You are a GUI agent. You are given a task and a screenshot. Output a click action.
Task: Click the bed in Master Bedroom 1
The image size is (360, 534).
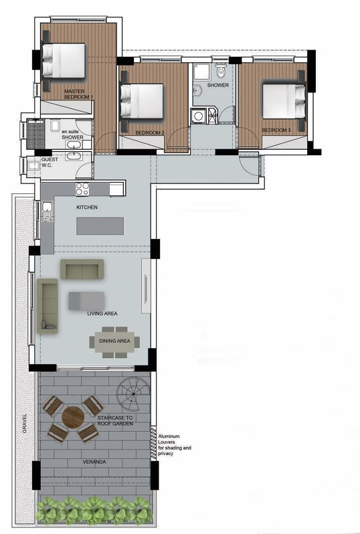[65, 60]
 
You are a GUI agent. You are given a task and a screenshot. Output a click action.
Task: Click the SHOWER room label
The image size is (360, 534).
[217, 85]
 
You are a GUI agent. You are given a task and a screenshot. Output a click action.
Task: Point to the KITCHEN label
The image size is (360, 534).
[87, 207]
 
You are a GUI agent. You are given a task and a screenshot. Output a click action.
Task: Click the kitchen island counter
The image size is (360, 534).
[100, 226]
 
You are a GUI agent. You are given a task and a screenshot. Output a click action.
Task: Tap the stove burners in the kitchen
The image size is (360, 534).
[82, 189]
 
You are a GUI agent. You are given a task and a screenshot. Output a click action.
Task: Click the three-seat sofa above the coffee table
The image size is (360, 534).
[82, 269]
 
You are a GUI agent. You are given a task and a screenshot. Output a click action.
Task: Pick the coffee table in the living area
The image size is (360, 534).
[86, 300]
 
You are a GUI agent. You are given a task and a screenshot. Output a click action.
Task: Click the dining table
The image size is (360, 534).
[114, 342]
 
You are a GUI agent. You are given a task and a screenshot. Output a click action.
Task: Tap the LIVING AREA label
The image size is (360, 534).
[102, 313]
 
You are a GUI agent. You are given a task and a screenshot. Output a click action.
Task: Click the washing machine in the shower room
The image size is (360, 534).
[198, 116]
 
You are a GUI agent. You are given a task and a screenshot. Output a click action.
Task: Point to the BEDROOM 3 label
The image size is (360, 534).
[276, 130]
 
